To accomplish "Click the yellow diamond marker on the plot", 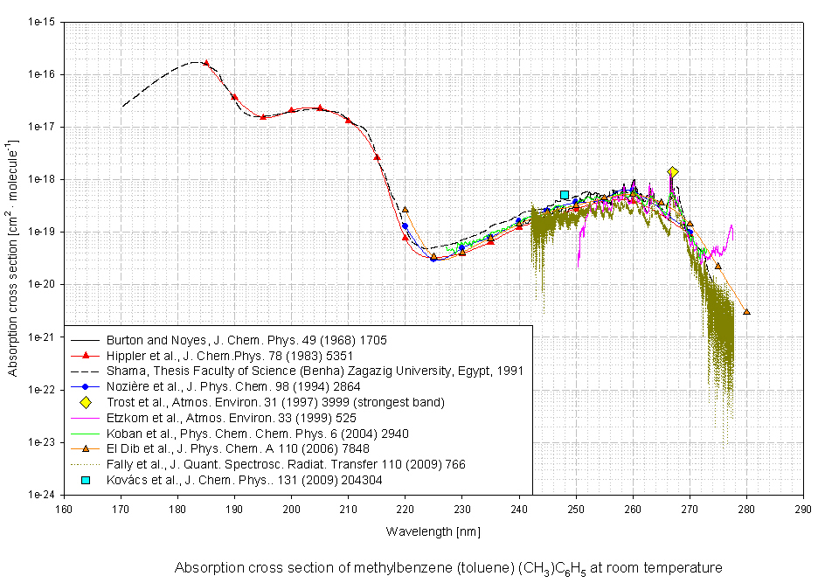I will (672, 172).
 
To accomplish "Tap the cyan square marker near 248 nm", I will (565, 195).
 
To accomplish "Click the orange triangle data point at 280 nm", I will (746, 311).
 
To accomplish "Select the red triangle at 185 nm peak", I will (206, 63).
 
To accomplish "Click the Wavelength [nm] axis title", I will (433, 531).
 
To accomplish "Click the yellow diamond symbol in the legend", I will (86, 402).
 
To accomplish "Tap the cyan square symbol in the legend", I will (86, 481).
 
